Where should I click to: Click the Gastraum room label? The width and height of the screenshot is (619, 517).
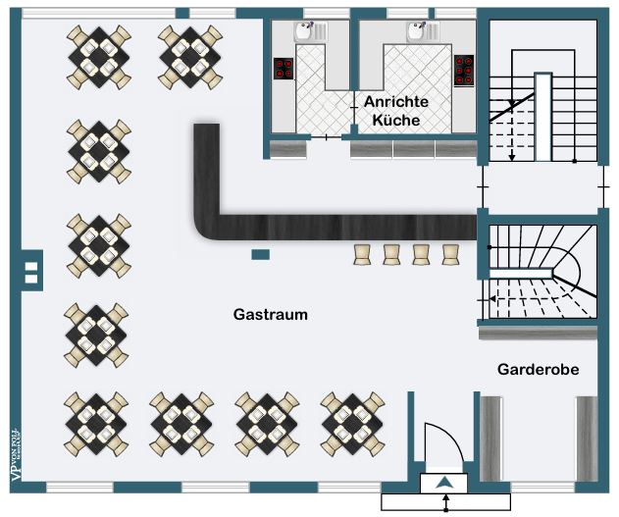[271, 315]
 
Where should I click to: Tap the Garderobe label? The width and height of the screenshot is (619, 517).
[538, 370]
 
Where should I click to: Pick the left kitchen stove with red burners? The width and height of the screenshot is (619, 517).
[284, 68]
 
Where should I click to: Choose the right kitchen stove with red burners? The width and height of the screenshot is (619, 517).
[464, 69]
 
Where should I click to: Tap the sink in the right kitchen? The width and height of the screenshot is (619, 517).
[423, 32]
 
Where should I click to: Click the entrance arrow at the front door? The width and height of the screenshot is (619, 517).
[445, 483]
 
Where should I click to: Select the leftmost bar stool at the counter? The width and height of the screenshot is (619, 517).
[363, 254]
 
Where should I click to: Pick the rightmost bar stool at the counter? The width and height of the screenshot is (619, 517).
[451, 254]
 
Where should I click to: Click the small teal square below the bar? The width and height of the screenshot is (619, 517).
[260, 255]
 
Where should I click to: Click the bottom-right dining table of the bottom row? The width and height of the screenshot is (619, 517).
[351, 419]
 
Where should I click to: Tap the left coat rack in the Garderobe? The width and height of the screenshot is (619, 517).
[490, 437]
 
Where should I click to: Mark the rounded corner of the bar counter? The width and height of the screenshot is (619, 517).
[208, 229]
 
